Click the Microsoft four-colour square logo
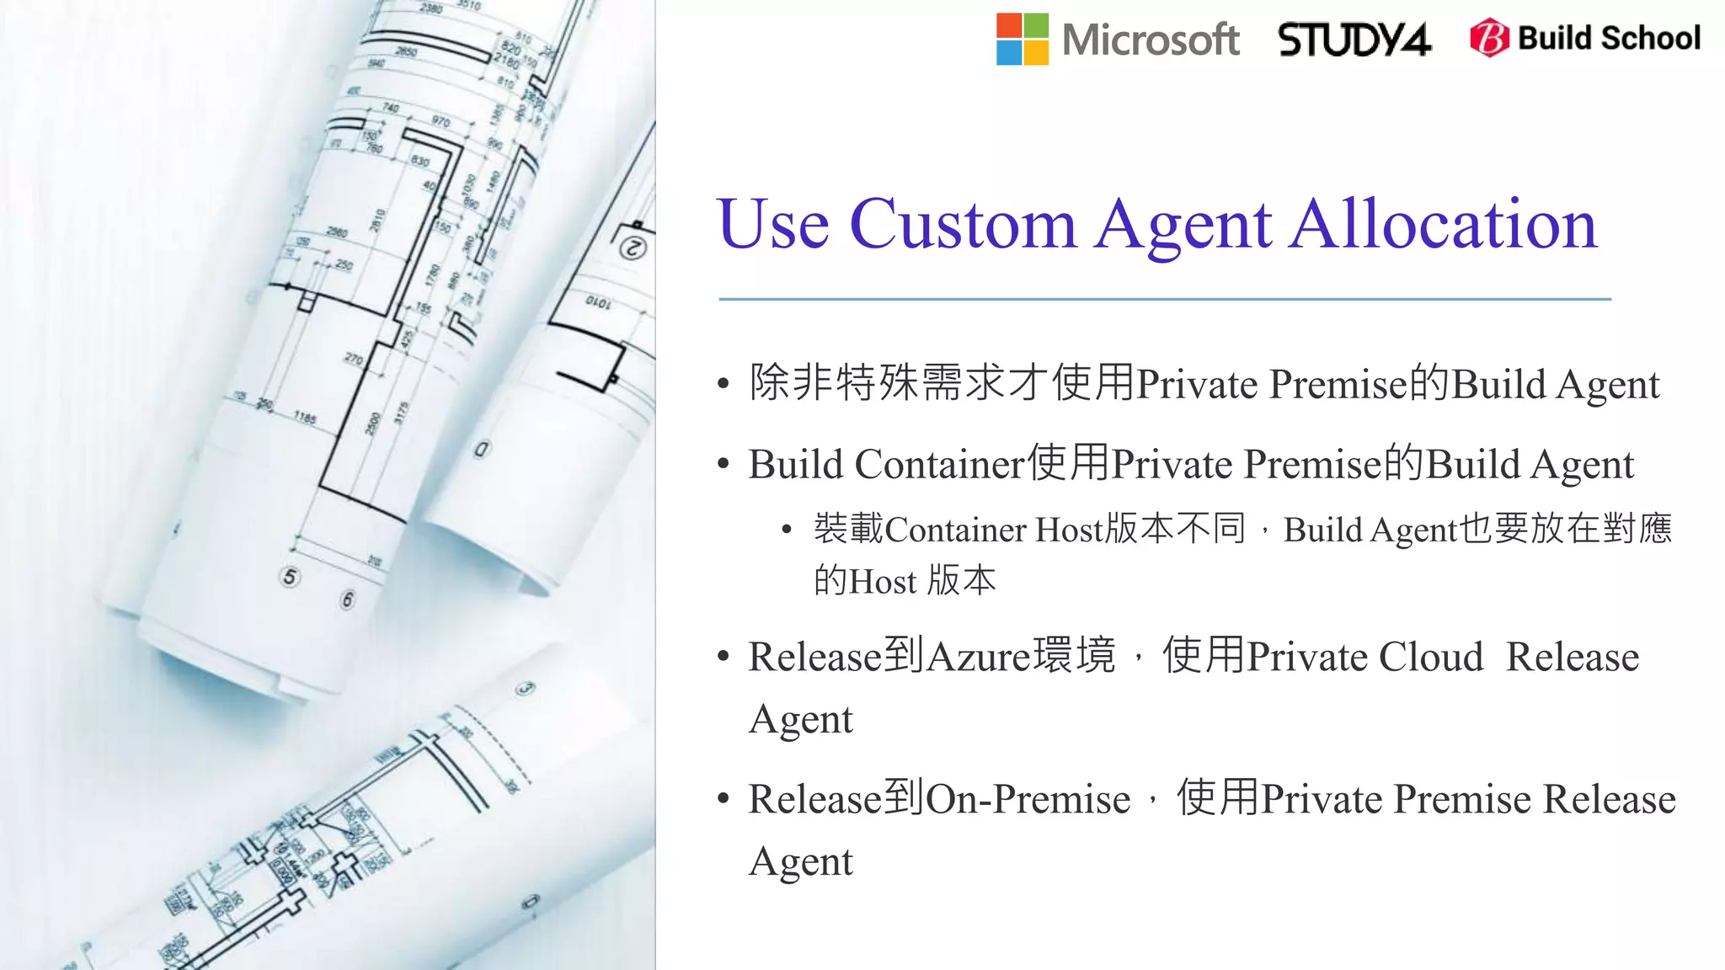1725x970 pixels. click(x=1022, y=39)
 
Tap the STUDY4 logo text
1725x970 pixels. click(x=1354, y=40)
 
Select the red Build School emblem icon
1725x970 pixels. click(x=1489, y=38)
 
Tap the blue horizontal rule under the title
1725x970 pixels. click(x=1164, y=299)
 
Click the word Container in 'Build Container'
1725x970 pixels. click(x=940, y=465)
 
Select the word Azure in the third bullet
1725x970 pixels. click(x=978, y=657)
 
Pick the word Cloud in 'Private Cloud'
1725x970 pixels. click(x=1430, y=657)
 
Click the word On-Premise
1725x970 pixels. click(x=1028, y=799)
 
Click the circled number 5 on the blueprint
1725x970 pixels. click(x=290, y=577)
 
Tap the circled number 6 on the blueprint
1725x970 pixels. click(x=347, y=600)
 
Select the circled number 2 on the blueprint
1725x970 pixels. click(x=633, y=248)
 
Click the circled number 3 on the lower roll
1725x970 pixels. click(x=526, y=689)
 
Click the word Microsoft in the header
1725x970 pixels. click(x=1151, y=40)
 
